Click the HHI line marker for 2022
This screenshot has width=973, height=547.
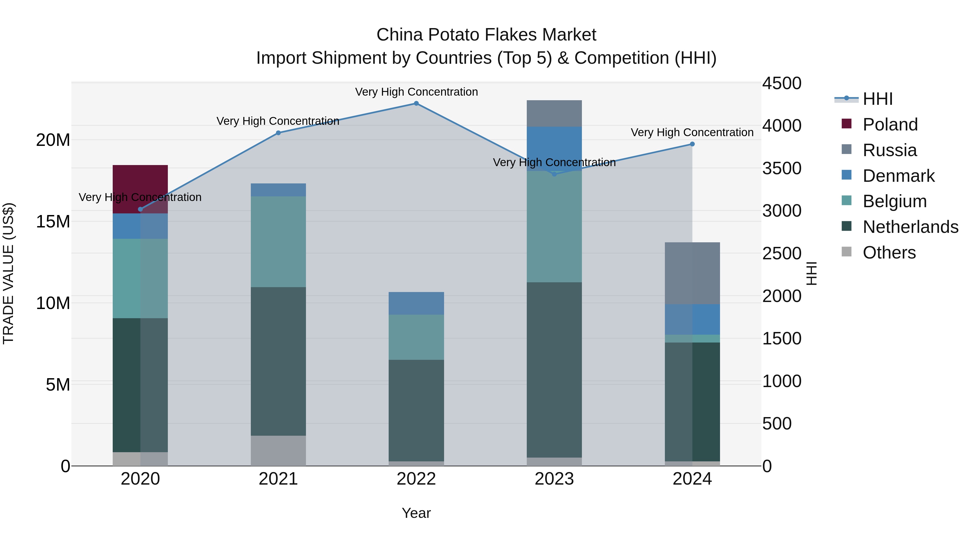416,103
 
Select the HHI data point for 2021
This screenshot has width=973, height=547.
278,133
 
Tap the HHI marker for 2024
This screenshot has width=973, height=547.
692,144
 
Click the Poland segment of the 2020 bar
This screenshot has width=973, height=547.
140,189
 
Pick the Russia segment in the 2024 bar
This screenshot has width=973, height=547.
692,273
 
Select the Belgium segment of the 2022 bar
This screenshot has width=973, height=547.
416,337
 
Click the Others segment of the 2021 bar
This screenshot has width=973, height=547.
278,451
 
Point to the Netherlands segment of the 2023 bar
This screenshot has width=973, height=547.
554,370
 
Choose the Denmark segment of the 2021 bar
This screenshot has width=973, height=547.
278,190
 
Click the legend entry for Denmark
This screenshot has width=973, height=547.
898,176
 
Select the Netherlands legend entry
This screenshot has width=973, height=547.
910,227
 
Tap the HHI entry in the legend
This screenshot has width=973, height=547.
877,99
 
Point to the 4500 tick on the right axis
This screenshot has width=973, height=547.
781,83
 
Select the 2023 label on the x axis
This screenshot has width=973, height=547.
554,479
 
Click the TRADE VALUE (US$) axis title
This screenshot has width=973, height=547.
8,273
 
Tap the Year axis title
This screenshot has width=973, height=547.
416,513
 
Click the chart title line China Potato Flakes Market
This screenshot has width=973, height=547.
486,35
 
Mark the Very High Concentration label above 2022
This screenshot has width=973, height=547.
416,92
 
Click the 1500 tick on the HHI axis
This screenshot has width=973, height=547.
781,339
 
